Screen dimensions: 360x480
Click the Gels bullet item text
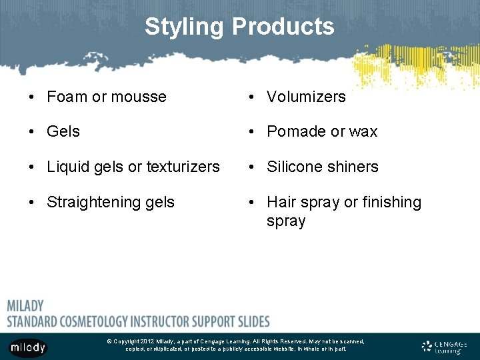[63, 131]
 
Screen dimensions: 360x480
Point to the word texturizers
[180, 167]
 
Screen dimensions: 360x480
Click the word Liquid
[67, 167]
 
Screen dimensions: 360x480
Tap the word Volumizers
[306, 97]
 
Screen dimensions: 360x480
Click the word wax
[363, 131]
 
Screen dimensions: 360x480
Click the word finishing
[393, 202]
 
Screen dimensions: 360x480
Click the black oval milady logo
[28, 347]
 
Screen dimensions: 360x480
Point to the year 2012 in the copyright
[147, 341]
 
